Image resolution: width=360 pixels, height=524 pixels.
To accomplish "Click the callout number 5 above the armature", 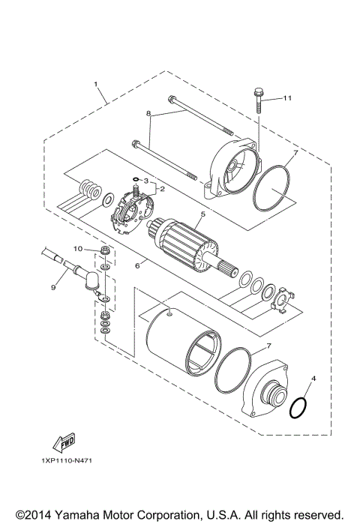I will [202, 214].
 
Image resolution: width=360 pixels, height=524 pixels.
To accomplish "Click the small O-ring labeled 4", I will [298, 409].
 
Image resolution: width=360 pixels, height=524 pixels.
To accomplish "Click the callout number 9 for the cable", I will [53, 286].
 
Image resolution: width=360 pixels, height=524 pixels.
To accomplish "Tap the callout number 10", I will [77, 248].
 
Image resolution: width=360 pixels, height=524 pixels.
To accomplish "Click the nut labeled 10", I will [103, 250].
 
